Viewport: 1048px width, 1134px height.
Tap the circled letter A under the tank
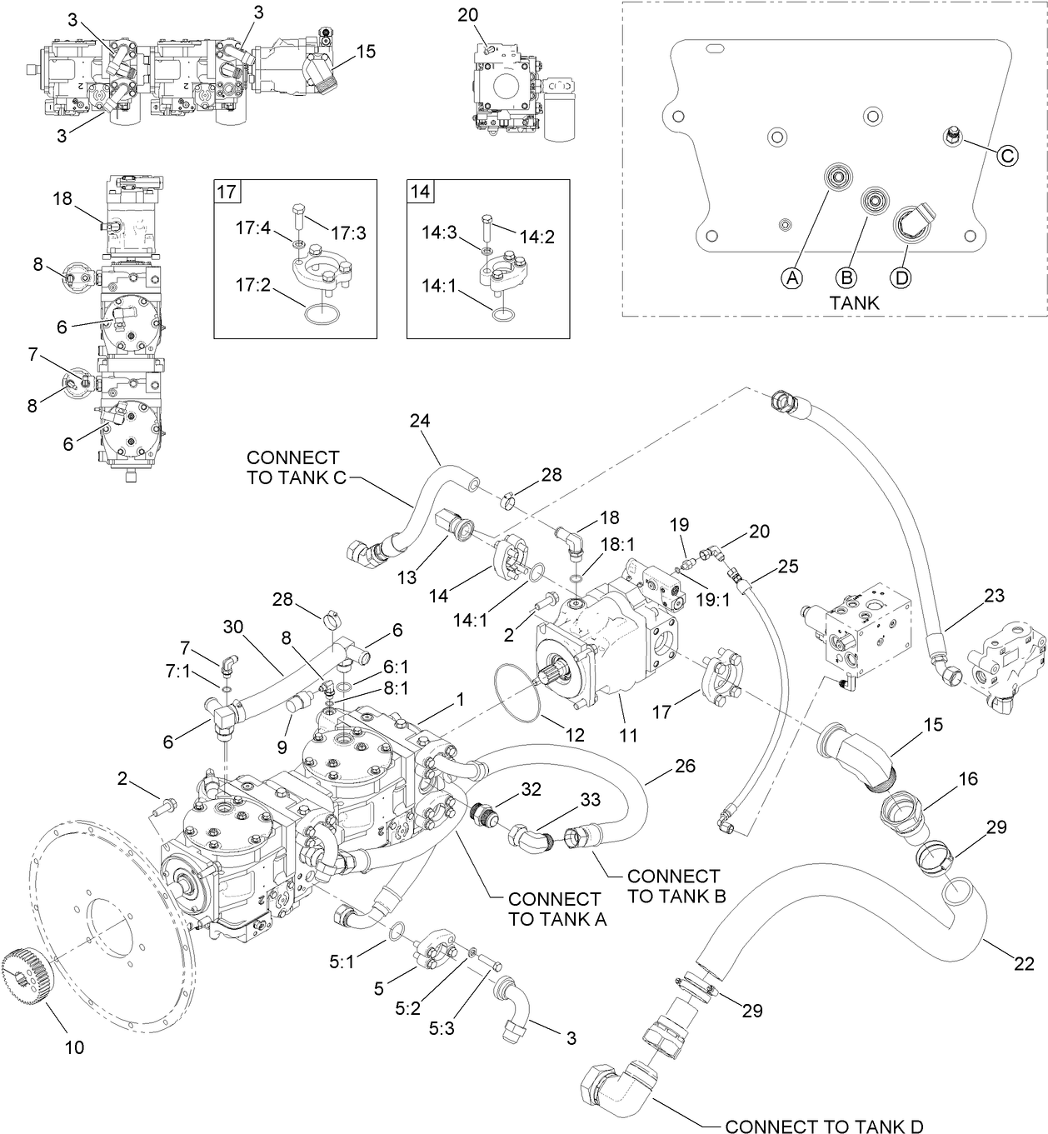[x=792, y=277]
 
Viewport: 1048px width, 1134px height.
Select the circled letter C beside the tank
[x=1007, y=155]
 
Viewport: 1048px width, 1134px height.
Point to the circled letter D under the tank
[x=901, y=277]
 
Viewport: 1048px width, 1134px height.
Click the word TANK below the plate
[x=854, y=302]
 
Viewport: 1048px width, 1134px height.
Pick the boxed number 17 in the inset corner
[x=226, y=192]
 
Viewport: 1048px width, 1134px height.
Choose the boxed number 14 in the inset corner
[x=420, y=192]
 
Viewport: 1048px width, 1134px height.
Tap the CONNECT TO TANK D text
[x=824, y=1126]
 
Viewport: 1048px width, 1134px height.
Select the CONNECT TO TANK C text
[x=292, y=467]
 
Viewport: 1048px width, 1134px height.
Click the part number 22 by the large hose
[x=1024, y=964]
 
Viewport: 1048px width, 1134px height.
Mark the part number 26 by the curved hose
[x=685, y=765]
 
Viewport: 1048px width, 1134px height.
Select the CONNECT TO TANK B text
[x=673, y=886]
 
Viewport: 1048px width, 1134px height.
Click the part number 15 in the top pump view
[x=366, y=52]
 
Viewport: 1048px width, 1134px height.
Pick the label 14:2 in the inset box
[x=538, y=237]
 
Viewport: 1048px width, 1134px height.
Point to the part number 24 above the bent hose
[x=419, y=421]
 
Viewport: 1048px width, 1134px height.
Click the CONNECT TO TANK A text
[x=554, y=909]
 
